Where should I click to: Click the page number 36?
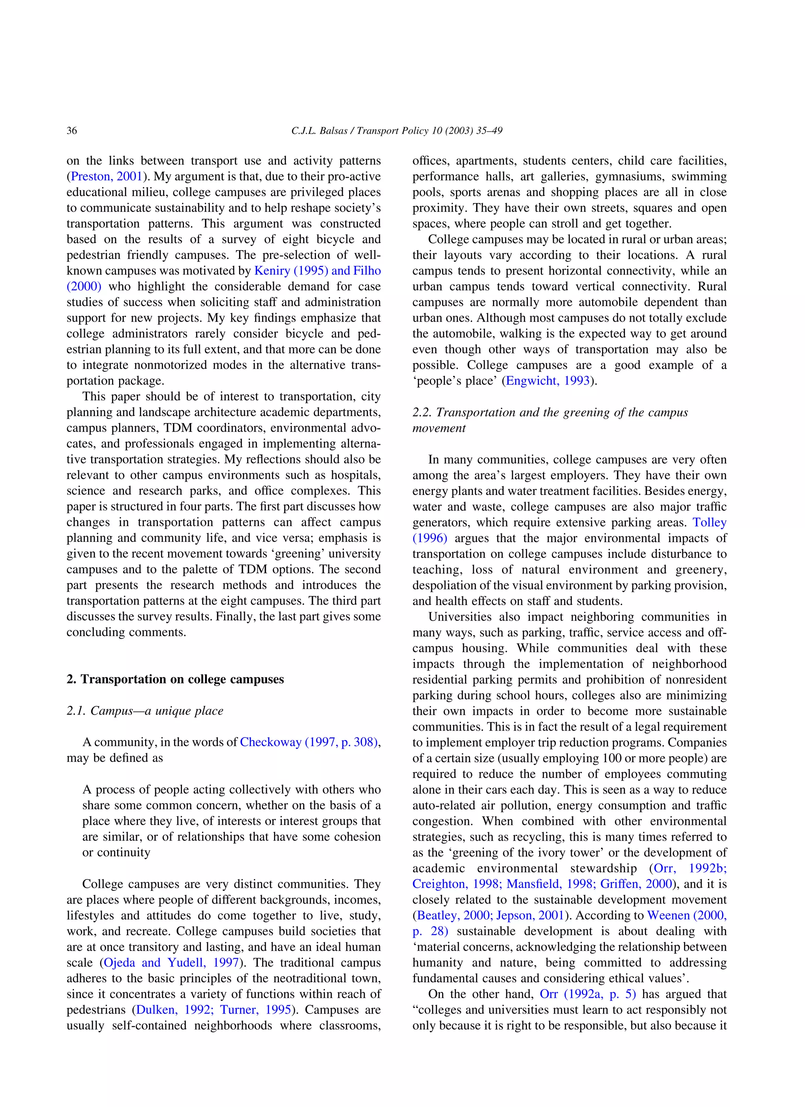(x=72, y=130)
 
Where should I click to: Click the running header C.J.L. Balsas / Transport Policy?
(x=397, y=130)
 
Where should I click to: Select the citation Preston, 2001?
(x=107, y=176)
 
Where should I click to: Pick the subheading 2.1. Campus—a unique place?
(x=145, y=711)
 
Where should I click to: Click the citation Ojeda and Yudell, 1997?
(x=171, y=962)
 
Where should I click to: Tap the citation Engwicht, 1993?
(x=548, y=381)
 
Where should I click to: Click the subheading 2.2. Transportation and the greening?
(x=550, y=412)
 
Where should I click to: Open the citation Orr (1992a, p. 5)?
(x=588, y=994)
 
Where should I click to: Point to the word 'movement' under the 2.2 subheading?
(x=439, y=428)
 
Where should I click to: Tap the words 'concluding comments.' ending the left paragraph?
(x=126, y=632)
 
